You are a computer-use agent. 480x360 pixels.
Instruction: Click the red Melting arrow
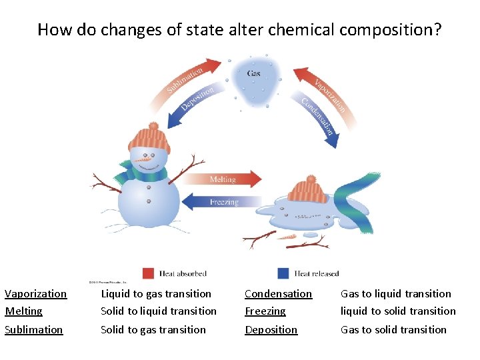click(x=224, y=179)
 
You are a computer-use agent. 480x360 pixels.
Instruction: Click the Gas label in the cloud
click(x=254, y=73)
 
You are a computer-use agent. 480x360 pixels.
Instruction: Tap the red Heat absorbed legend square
click(x=149, y=273)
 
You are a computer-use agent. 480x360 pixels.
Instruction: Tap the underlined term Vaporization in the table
click(x=36, y=293)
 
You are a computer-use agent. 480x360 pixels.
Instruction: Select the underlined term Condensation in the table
click(x=278, y=293)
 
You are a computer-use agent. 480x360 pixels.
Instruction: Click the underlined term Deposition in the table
click(x=271, y=329)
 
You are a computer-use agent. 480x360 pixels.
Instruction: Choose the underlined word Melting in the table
click(x=23, y=311)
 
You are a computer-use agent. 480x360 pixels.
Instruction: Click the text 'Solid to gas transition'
click(x=153, y=329)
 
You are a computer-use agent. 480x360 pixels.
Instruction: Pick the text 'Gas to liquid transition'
click(x=396, y=293)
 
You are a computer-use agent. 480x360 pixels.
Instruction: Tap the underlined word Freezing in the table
click(x=265, y=311)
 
